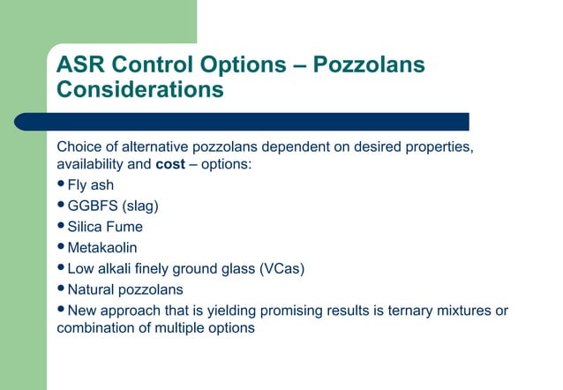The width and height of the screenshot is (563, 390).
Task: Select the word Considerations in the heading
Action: [x=139, y=90]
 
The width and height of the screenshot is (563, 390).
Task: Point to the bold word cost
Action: [x=169, y=165]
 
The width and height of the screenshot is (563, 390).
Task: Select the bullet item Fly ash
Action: [x=90, y=185]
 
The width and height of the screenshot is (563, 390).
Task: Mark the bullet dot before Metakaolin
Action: [x=61, y=248]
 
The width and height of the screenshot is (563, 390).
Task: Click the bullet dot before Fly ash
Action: [x=61, y=184]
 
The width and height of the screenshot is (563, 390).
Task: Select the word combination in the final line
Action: [x=97, y=329]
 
